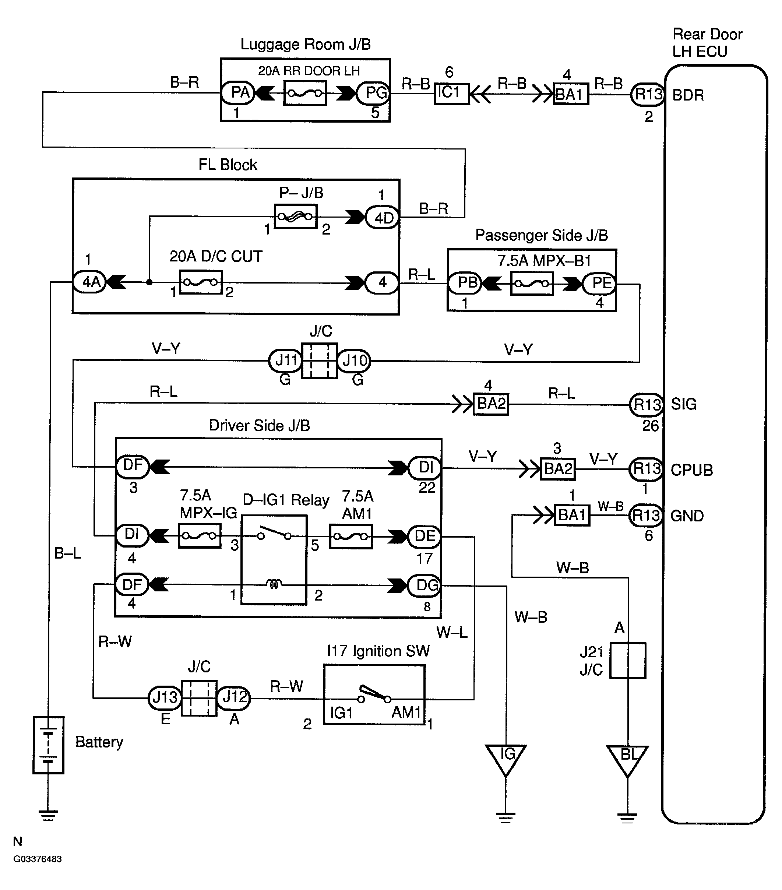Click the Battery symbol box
coord(48,745)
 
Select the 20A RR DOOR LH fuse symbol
coord(305,93)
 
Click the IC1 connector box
coord(452,94)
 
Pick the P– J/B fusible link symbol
coord(296,216)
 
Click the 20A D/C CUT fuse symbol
coord(201,282)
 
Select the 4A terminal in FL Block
coord(89,282)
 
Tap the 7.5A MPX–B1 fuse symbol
coord(531,284)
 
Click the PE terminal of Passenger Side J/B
coord(600,284)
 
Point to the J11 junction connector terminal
coord(285,360)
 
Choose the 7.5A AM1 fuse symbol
coord(351,537)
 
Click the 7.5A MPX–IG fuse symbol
coord(200,535)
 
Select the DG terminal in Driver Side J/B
coord(424,585)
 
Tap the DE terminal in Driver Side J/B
coord(424,536)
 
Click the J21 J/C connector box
coord(627,661)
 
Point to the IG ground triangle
coord(506,760)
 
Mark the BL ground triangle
coord(627,761)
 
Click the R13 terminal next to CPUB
coord(646,469)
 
